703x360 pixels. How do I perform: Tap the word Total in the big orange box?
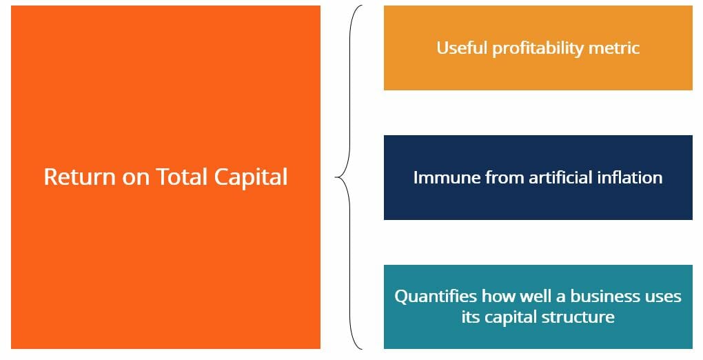click(182, 177)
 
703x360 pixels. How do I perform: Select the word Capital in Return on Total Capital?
click(250, 177)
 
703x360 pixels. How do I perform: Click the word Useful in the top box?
click(462, 48)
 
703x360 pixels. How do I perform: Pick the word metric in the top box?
click(615, 48)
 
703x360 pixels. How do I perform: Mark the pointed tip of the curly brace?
click(336, 177)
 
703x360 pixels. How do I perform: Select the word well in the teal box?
click(527, 297)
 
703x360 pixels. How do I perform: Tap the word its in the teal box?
click(471, 317)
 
